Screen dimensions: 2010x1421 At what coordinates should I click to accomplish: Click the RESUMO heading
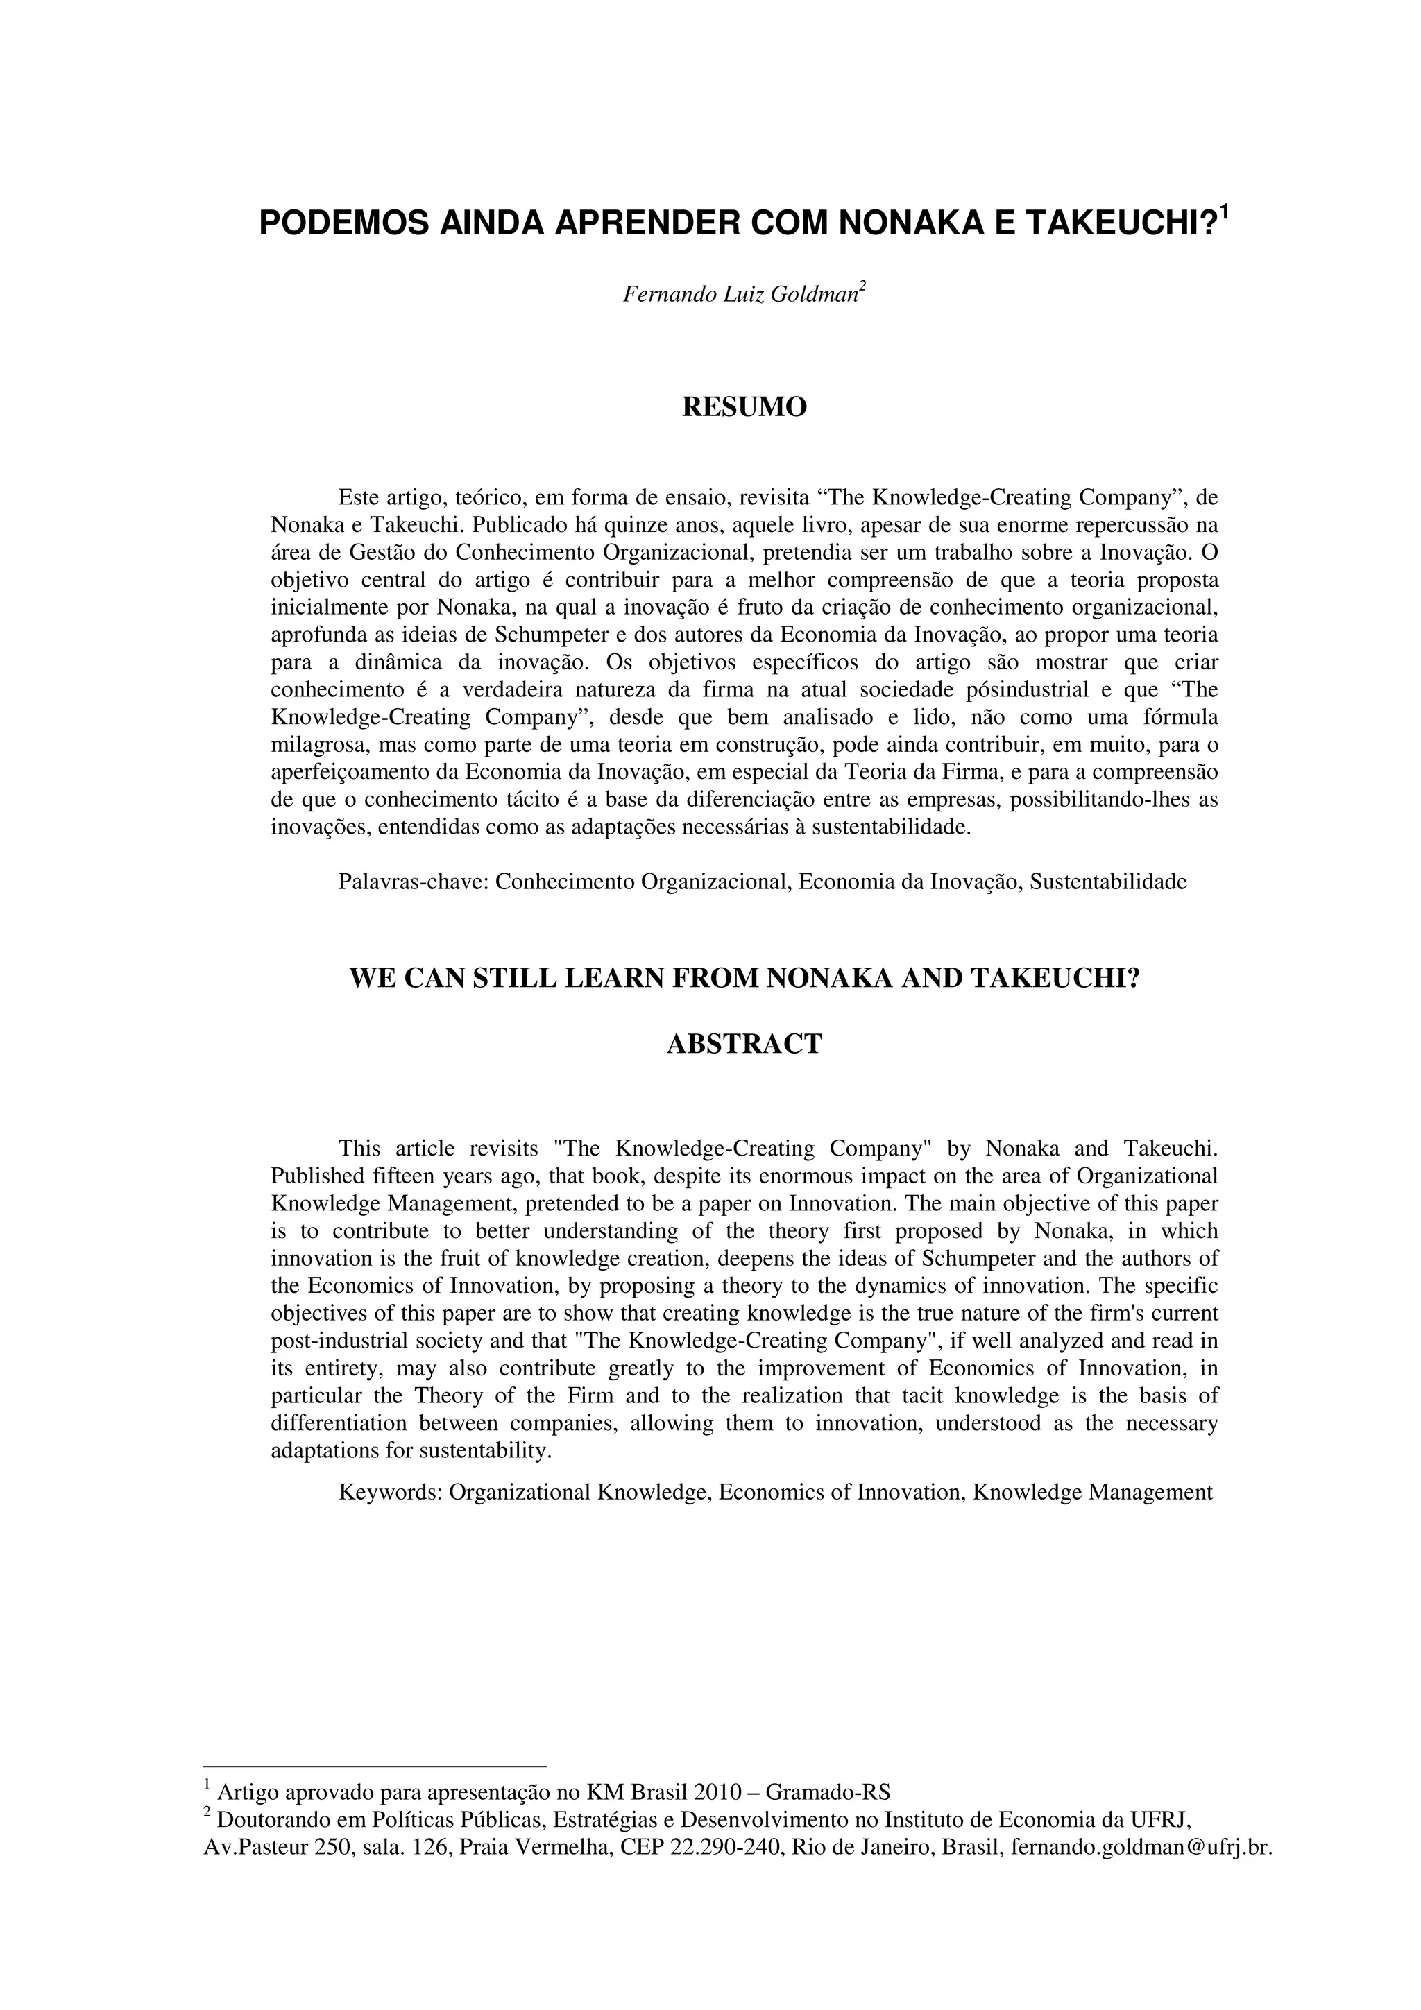[744, 408]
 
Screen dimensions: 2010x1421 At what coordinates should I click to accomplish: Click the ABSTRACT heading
[744, 1045]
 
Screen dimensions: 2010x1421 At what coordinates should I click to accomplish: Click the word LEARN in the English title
[615, 978]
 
